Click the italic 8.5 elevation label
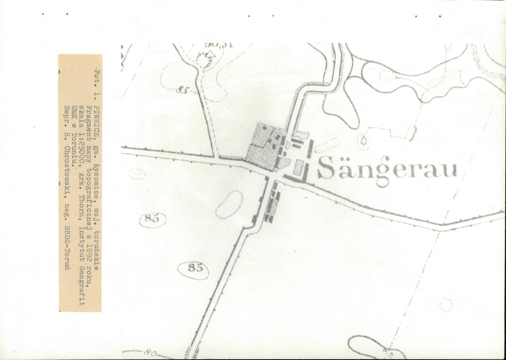pyautogui.click(x=181, y=90)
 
